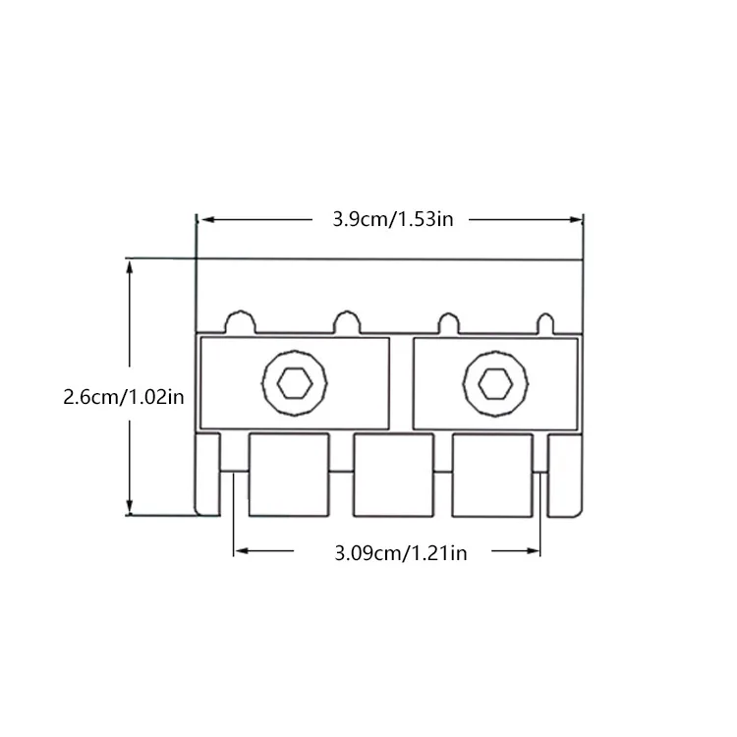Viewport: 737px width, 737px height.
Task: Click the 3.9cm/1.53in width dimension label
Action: tap(393, 219)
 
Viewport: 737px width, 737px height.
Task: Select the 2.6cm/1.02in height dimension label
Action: tap(124, 397)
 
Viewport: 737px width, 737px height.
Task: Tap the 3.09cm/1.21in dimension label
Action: tap(401, 553)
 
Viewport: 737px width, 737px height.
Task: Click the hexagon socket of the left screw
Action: tap(295, 383)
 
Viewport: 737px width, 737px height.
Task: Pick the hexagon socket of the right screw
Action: tap(495, 383)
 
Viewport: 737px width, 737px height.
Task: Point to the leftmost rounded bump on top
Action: tap(241, 322)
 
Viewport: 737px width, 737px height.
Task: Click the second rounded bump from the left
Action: tap(347, 322)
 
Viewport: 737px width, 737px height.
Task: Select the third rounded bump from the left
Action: tap(449, 323)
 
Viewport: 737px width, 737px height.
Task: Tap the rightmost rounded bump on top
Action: tap(545, 324)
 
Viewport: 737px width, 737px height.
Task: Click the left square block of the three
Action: tap(289, 475)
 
